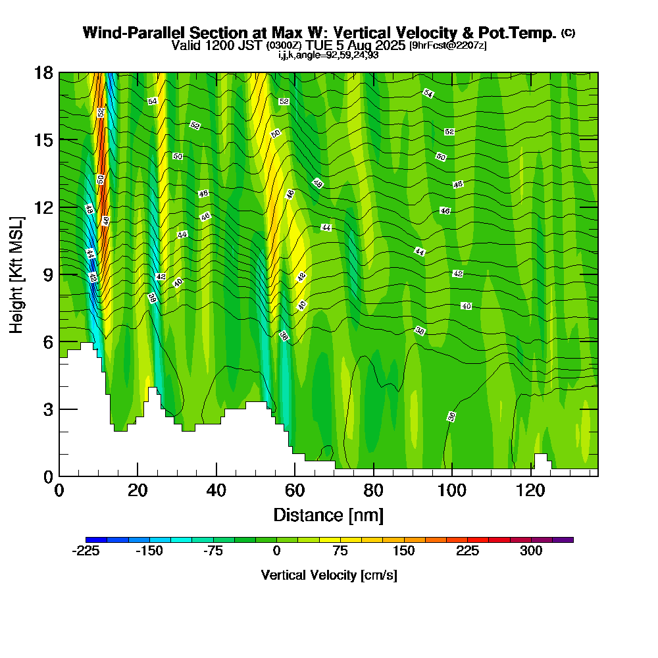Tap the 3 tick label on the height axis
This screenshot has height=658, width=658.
pyautogui.click(x=47, y=409)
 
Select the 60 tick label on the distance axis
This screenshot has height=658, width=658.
pyautogui.click(x=295, y=490)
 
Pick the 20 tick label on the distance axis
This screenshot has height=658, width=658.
pyautogui.click(x=138, y=490)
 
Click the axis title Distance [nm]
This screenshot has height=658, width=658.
pyautogui.click(x=328, y=515)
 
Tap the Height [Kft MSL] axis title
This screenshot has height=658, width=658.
pyautogui.click(x=17, y=274)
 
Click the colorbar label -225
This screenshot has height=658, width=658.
pyautogui.click(x=86, y=551)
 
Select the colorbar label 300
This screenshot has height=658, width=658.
pyautogui.click(x=531, y=551)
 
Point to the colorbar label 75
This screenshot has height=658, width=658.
pyautogui.click(x=340, y=551)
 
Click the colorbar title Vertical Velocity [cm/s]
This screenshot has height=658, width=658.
pyautogui.click(x=329, y=575)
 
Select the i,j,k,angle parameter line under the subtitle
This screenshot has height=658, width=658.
pyautogui.click(x=328, y=55)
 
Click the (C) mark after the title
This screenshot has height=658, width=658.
pyautogui.click(x=568, y=33)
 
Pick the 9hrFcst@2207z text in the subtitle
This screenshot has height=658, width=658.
pyautogui.click(x=448, y=45)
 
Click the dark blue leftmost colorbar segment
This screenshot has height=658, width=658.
pyautogui.click(x=96, y=540)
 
